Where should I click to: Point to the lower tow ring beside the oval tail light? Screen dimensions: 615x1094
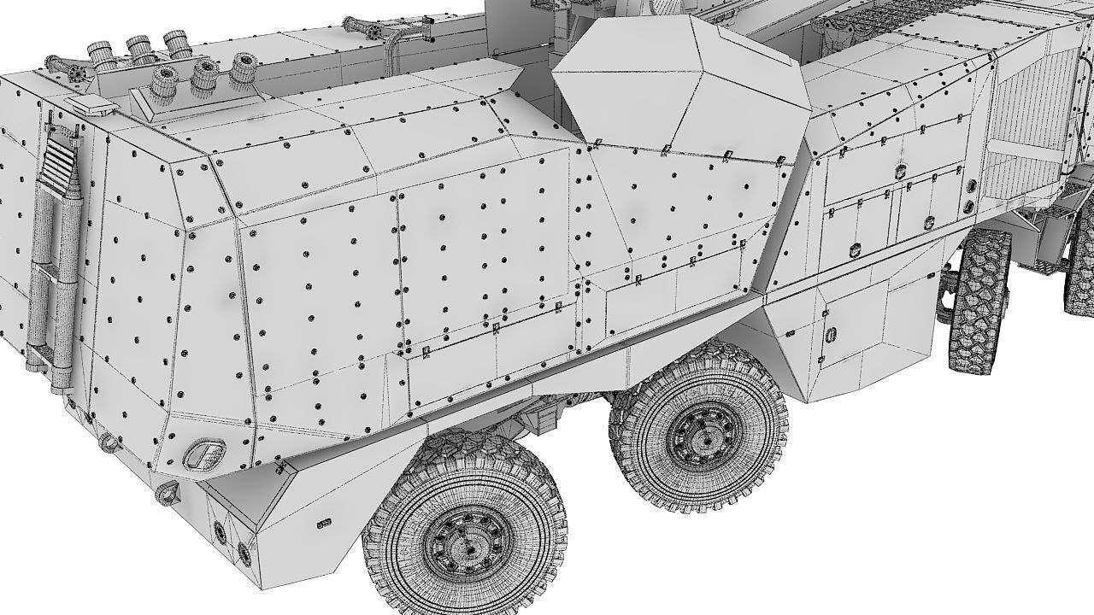point(168,491)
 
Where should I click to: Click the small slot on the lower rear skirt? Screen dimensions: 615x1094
point(323,523)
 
